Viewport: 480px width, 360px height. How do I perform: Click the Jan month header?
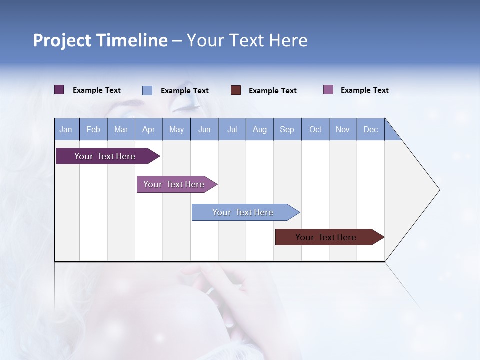coord(66,129)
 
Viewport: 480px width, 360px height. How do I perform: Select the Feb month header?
coord(93,129)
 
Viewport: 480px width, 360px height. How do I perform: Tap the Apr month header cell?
coord(149,129)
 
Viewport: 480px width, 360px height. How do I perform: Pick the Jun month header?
coord(204,129)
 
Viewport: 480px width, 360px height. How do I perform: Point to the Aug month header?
coord(260,129)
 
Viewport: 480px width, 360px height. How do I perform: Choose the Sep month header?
coord(287,129)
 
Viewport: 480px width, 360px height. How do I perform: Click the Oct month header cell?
coord(315,129)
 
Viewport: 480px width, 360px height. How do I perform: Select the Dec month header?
coord(371,129)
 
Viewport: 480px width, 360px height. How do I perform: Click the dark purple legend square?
coord(59,90)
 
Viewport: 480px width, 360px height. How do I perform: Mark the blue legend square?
coord(147,90)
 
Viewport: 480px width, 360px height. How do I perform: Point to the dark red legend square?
coord(236,90)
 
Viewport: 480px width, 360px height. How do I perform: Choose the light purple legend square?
coord(328,90)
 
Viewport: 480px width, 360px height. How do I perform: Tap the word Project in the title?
coord(61,40)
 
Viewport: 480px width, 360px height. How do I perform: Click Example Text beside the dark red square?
coord(273,91)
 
